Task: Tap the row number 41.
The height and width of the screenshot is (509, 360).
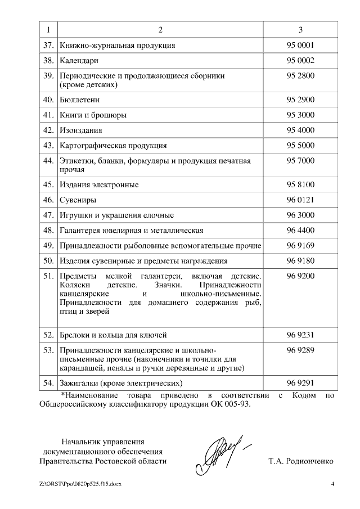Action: tap(48, 115)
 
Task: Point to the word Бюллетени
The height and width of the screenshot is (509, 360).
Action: tap(80, 100)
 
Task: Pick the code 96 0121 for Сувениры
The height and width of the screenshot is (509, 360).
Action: tap(300, 200)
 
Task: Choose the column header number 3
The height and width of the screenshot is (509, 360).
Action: tap(300, 29)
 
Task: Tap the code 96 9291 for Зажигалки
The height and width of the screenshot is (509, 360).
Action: tap(300, 383)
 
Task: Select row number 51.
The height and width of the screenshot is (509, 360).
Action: tap(48, 277)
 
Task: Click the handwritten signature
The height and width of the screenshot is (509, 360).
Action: tap(219, 452)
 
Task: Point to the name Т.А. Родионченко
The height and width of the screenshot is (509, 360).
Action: tap(301, 461)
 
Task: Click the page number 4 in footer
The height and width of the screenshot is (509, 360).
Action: tap(332, 484)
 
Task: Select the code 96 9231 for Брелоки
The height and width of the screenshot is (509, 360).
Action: tap(300, 335)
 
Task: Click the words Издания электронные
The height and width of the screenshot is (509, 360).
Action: tap(99, 184)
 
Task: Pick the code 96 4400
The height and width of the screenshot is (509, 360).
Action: tap(300, 230)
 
